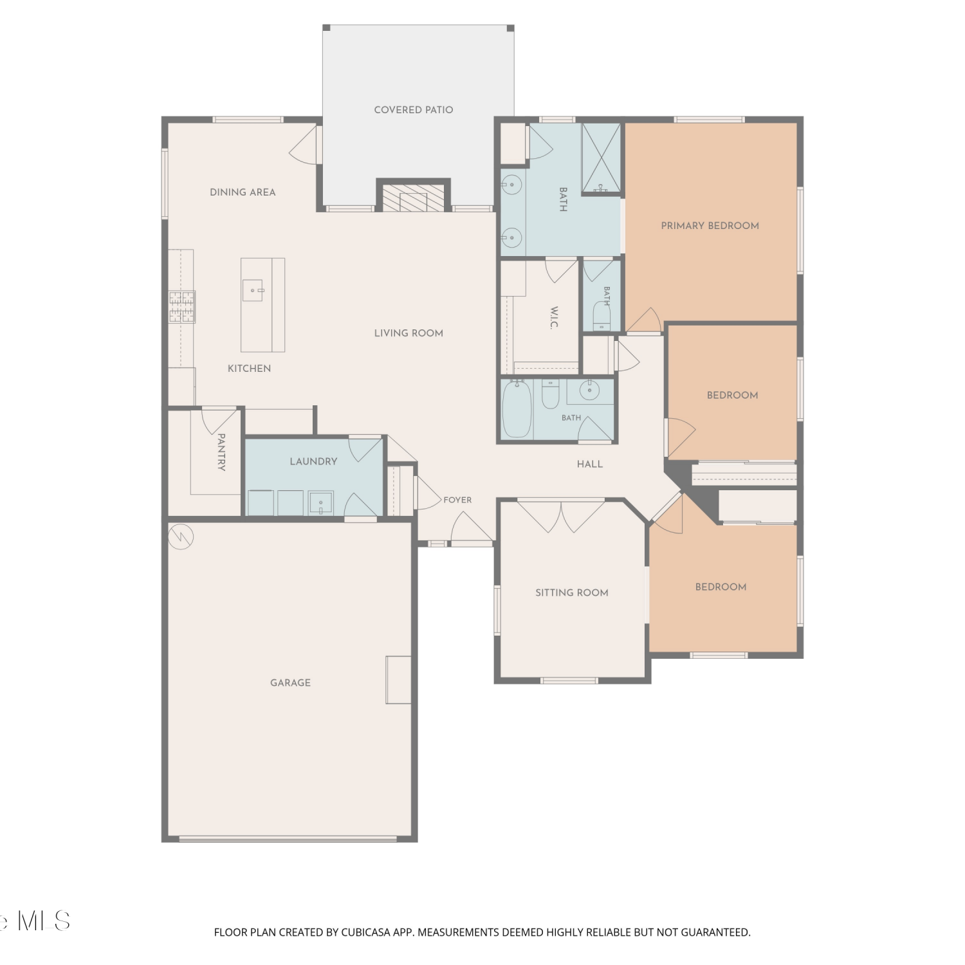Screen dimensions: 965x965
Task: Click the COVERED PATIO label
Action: [x=414, y=110]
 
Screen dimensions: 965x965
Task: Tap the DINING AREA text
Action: [x=243, y=192]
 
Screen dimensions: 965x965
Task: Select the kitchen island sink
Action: [x=253, y=290]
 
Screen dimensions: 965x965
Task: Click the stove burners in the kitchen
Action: [x=182, y=306]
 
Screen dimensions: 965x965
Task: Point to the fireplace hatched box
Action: [x=413, y=198]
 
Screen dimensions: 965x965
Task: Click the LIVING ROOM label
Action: [x=409, y=333]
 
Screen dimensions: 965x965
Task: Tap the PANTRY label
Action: [x=221, y=452]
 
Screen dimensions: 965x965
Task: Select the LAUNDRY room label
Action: [x=313, y=461]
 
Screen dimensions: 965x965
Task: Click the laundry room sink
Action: [x=320, y=503]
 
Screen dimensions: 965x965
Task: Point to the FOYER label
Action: [x=457, y=500]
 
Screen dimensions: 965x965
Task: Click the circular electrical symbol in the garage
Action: [x=181, y=536]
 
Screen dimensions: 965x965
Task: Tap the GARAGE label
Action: [x=290, y=683]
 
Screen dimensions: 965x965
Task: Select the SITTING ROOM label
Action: [x=572, y=593]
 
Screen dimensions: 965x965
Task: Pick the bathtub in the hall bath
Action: [x=517, y=409]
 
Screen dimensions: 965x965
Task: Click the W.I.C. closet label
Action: [x=554, y=318]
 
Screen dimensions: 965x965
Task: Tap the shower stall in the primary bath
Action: [x=602, y=158]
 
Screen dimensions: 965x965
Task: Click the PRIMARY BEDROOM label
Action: [x=710, y=226]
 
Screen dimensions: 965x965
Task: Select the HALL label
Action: [x=590, y=464]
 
